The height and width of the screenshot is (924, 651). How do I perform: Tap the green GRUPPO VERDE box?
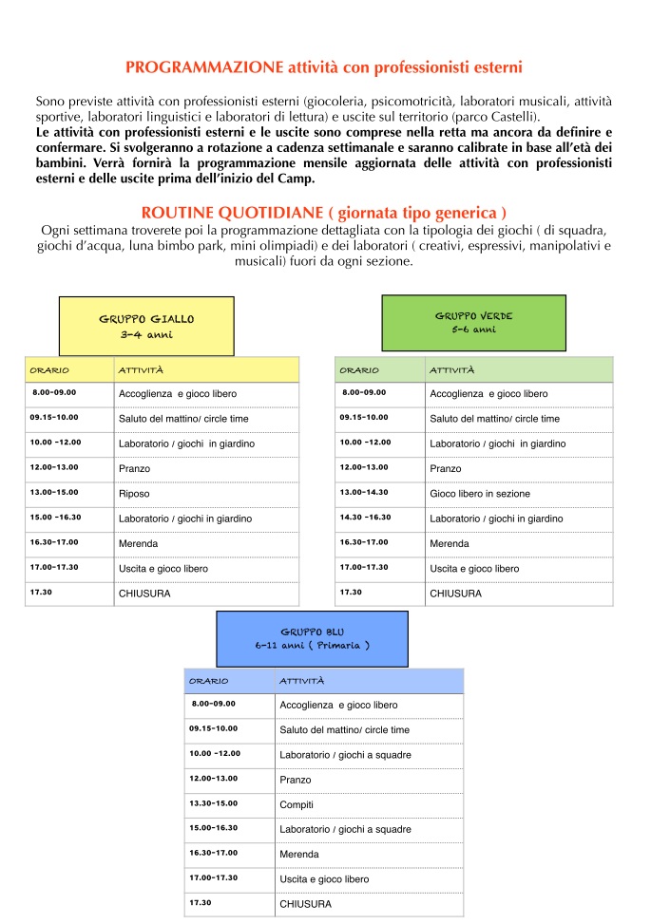[x=473, y=323]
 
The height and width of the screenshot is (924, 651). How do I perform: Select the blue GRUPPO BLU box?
[x=312, y=638]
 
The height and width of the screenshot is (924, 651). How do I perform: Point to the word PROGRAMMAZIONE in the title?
[x=204, y=67]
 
